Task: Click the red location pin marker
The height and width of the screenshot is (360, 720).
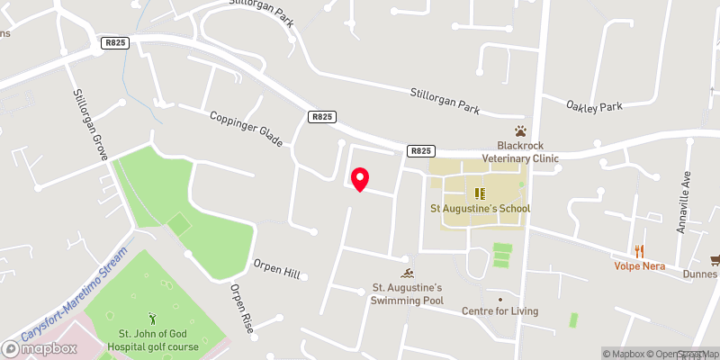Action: [x=359, y=179]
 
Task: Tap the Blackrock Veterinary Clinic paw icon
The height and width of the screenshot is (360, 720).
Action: [x=520, y=130]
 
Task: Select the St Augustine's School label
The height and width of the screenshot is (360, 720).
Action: [x=480, y=209]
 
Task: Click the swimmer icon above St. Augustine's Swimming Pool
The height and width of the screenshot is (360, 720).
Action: [x=409, y=274]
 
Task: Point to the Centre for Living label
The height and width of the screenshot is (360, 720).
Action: [x=499, y=311]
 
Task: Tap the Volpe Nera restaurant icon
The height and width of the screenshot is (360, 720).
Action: [x=640, y=251]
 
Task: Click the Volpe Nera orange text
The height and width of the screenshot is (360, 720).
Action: [x=640, y=266]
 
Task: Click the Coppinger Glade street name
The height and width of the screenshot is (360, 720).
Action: [x=247, y=130]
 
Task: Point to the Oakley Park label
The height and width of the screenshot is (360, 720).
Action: [x=595, y=106]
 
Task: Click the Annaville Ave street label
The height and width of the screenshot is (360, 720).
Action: [x=683, y=202]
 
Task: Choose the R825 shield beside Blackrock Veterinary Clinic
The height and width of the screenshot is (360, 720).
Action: [x=419, y=151]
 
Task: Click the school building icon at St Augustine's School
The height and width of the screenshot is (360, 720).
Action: [x=479, y=193]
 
